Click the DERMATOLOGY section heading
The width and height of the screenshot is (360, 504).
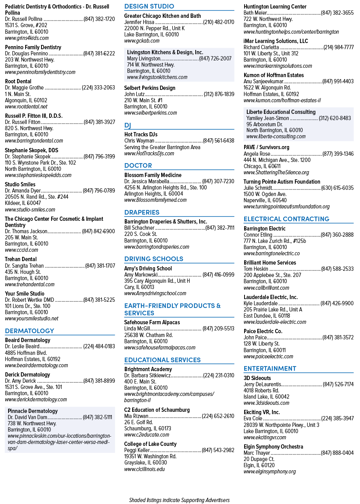point(29,331)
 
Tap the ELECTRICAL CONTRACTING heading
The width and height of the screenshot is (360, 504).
point(286,219)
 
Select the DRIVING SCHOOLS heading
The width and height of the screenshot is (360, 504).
point(154,259)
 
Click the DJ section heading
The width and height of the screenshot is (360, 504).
point(127,125)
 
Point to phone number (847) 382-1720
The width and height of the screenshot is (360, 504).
point(99,19)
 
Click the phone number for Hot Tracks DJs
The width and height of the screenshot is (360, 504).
point(219,141)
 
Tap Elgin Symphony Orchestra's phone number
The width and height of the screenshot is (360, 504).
point(337,453)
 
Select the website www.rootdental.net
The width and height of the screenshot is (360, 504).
point(26,107)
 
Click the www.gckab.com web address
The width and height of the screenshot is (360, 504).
point(142,41)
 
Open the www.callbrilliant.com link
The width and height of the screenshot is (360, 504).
point(266,288)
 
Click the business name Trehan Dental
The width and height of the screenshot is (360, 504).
point(21,259)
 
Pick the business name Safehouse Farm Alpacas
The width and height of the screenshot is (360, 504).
point(152,322)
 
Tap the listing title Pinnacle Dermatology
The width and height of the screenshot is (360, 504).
point(33,411)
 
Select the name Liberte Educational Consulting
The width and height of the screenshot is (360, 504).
point(281,112)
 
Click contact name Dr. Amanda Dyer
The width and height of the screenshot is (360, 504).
point(23,191)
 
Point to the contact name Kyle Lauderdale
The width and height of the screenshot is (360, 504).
point(260,303)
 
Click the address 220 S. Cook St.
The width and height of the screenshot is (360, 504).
point(141,234)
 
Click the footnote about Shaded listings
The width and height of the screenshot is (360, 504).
point(179,500)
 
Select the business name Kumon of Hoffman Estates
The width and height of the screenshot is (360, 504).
point(274,75)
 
